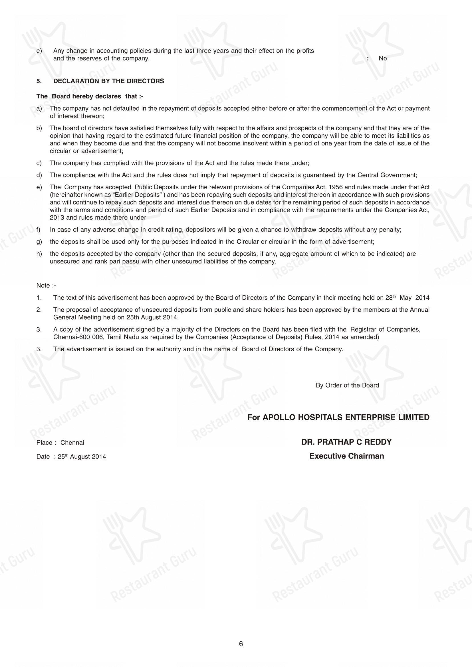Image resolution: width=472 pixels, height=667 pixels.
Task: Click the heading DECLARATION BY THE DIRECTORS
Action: pos(108,81)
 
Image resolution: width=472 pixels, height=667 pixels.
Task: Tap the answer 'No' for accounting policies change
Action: pos(382,58)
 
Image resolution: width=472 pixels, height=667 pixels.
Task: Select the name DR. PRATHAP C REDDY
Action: pos(346,442)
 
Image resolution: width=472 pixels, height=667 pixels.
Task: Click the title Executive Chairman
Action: pos(346,456)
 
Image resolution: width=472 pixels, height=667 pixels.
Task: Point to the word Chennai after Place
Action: pos(72,443)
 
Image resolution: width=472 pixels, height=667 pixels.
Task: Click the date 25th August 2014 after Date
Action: pos(82,457)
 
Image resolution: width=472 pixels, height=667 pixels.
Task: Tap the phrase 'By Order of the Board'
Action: pos(347,385)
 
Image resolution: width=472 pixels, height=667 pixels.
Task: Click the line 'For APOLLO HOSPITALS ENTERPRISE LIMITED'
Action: pos(338,417)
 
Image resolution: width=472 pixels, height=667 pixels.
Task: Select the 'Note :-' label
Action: pos(46,285)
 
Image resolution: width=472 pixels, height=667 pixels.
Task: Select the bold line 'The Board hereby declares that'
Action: pos(90,96)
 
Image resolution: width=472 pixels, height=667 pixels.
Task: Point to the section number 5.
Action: pos(39,81)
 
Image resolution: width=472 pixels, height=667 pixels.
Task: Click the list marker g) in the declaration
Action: pos(39,242)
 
